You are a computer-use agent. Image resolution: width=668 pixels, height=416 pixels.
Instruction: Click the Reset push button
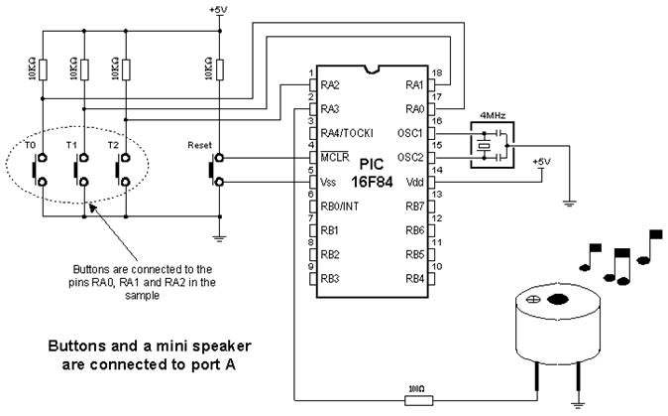[x=219, y=170]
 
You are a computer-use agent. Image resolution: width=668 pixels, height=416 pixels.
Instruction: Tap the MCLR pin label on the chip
[x=335, y=158]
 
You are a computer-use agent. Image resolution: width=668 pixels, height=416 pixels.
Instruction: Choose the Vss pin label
[x=331, y=182]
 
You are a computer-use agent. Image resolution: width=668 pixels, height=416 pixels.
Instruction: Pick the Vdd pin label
[x=414, y=182]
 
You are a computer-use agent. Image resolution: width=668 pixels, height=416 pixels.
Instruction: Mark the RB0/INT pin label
[x=340, y=207]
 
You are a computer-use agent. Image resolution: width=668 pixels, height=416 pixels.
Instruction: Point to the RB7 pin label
[x=413, y=207]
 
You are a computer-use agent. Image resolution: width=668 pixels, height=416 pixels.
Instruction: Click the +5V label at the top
[x=217, y=9]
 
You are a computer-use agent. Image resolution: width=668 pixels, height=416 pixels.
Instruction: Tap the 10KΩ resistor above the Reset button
[x=219, y=70]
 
